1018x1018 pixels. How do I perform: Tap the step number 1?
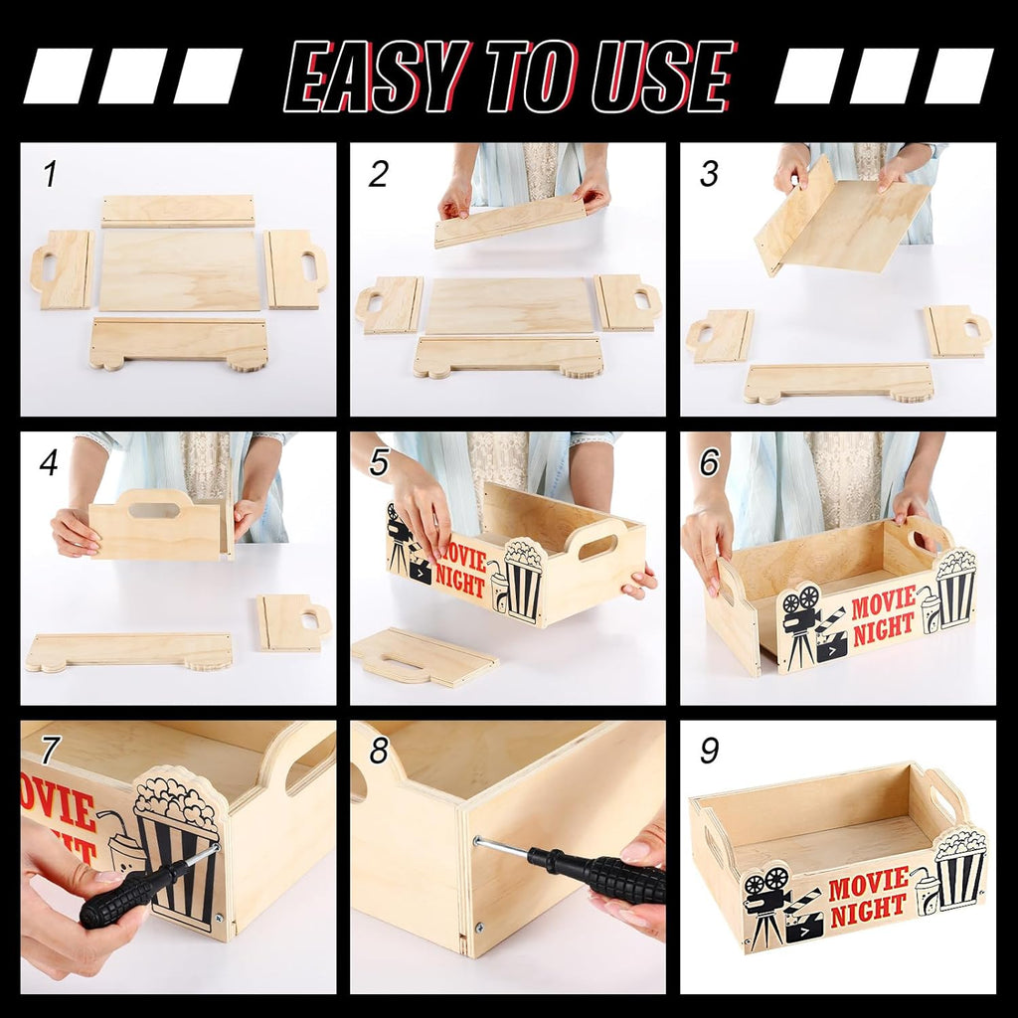coord(49,174)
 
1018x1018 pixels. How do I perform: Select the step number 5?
coord(379,462)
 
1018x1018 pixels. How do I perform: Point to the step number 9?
coord(709,751)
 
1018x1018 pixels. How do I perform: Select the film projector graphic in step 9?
coord(767,900)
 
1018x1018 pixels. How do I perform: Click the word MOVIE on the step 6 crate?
coord(881,601)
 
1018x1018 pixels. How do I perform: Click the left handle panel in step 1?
coord(63,269)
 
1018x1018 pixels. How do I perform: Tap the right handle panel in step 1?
coord(295,268)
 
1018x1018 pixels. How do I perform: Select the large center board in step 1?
coord(180,270)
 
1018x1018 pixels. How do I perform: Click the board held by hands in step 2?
coord(510,221)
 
